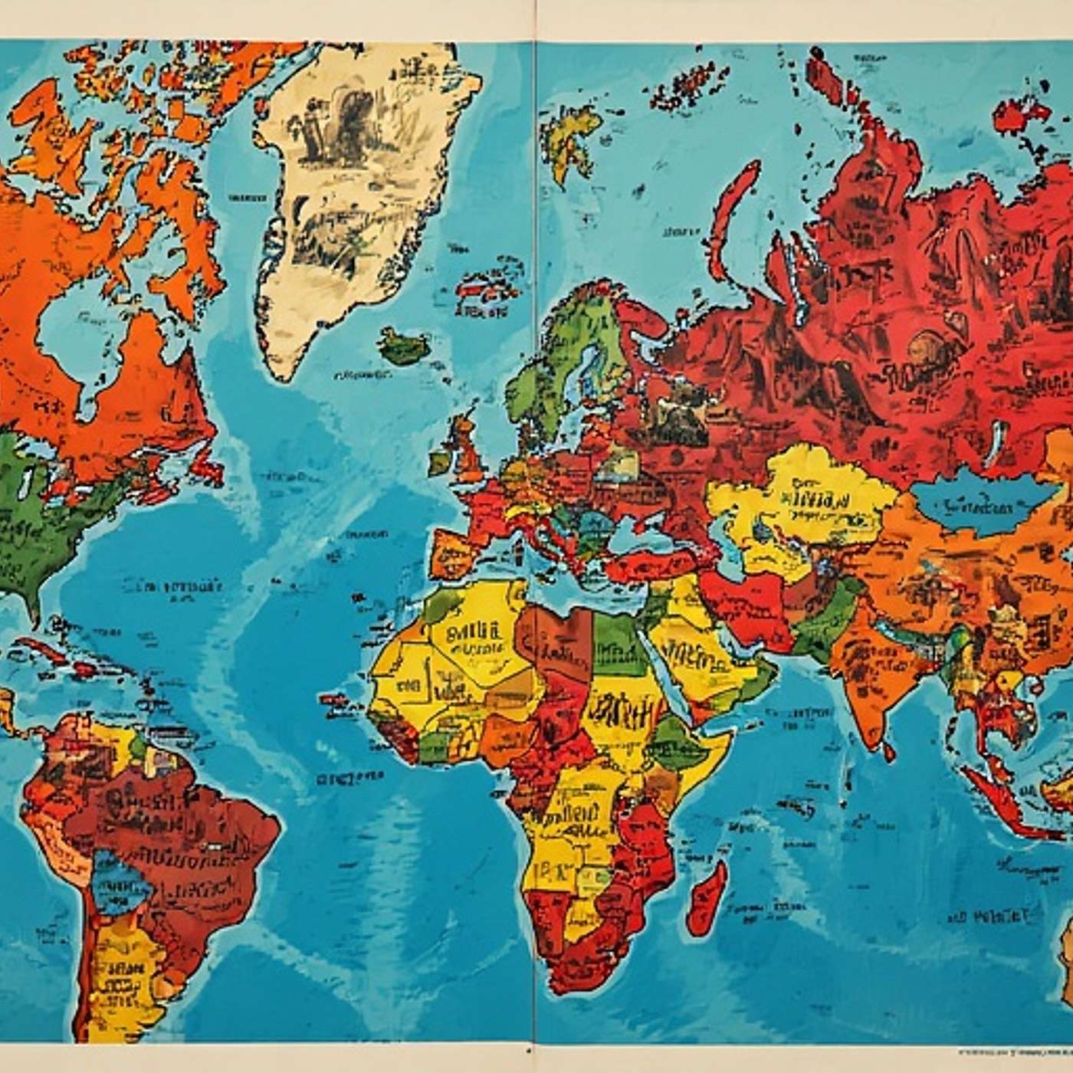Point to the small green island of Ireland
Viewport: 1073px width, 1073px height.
click(x=440, y=461)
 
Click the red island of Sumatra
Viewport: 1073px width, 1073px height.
click(x=996, y=797)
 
